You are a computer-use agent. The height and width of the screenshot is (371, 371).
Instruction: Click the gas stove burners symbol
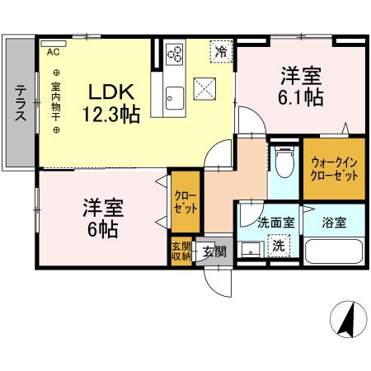pyautogui.click(x=175, y=54)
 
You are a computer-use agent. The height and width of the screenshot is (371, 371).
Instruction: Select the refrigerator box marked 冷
pyautogui.click(x=221, y=51)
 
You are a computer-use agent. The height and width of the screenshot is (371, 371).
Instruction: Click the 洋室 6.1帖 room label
pyautogui.click(x=299, y=85)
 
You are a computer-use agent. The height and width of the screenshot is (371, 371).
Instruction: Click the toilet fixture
pyautogui.click(x=284, y=163)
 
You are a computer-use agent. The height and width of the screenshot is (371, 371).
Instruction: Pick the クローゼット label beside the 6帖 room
pyautogui.click(x=185, y=201)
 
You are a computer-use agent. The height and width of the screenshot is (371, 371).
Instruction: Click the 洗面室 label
pyautogui.click(x=270, y=222)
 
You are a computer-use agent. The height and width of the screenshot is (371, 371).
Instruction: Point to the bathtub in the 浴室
pyautogui.click(x=335, y=251)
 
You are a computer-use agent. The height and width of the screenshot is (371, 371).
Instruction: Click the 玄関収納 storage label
pyautogui.click(x=181, y=251)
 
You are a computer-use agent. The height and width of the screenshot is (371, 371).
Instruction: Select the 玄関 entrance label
pyautogui.click(x=214, y=251)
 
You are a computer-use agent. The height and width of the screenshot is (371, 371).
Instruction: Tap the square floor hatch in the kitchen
pyautogui.click(x=204, y=86)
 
